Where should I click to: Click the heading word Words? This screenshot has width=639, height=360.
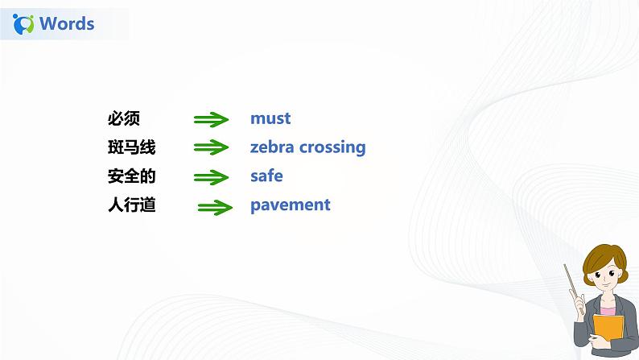67,23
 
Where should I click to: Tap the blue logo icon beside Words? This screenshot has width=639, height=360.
25,23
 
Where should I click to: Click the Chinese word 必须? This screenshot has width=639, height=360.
124,118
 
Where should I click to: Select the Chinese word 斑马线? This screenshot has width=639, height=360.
131,147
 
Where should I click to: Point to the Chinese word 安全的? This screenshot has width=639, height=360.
131,176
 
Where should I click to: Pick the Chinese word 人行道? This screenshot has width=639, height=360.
131,205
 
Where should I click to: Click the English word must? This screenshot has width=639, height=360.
270,118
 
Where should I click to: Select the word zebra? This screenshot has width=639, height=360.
272,147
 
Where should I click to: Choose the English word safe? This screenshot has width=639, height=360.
266,176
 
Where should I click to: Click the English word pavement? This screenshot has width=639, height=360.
291,205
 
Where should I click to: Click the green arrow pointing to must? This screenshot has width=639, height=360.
212,120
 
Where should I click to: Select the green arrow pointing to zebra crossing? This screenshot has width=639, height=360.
212,148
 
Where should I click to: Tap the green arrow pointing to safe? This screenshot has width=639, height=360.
212,177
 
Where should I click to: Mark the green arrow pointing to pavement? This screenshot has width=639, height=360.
215,207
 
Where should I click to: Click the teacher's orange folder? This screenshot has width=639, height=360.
608,330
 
